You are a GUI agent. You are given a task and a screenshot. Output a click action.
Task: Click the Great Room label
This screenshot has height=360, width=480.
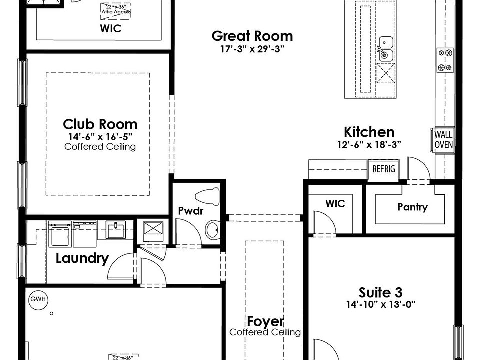click(252, 36)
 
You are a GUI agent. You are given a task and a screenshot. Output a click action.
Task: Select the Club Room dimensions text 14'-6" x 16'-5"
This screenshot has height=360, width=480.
click(100, 136)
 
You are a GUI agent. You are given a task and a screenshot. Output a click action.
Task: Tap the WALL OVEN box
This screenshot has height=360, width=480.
click(443, 139)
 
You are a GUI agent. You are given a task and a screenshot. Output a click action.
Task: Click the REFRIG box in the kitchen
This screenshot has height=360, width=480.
click(383, 169)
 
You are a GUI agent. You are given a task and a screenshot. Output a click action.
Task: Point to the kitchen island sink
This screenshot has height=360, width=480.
click(385, 49)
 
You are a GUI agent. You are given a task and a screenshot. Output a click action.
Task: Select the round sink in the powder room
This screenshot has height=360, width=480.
click(212, 230)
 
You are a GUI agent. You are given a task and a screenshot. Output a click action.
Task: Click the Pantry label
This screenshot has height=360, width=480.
click(412, 207)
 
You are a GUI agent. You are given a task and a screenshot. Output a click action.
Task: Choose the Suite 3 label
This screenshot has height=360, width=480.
click(380, 292)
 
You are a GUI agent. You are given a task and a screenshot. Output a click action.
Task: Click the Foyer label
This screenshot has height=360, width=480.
click(265, 321)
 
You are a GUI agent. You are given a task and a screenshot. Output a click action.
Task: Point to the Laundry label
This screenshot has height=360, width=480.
click(82, 258)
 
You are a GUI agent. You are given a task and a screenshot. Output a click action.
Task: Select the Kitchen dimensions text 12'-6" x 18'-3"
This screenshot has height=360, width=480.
click(369, 144)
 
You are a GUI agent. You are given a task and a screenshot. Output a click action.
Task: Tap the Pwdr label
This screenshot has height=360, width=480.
click(191, 211)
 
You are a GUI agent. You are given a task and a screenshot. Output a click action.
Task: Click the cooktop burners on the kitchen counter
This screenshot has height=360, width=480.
click(445, 60)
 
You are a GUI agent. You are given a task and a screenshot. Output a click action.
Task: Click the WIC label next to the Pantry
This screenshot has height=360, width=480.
click(335, 204)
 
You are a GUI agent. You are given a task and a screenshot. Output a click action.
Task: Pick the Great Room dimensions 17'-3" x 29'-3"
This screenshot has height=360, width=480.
click(252, 49)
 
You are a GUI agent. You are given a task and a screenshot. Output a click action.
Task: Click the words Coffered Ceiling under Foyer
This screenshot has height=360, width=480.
click(265, 332)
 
